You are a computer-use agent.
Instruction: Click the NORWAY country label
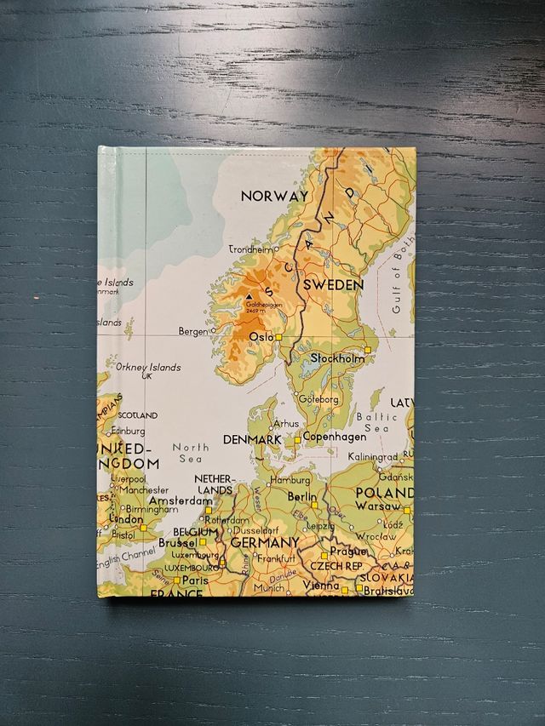pos(274,196)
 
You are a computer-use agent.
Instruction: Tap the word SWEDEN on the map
pos(334,285)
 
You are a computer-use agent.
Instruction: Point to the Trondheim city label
pos(252,249)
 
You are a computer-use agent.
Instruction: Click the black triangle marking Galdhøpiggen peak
pos(249,297)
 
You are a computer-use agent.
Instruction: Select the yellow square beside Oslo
pos(278,337)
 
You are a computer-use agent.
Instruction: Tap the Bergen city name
pos(193,331)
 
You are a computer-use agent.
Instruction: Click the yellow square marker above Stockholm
pos(368,349)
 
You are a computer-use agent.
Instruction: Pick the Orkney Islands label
pos(148,368)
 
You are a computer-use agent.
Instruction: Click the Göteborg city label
pos(319,398)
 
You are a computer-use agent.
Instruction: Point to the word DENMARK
pos(251,439)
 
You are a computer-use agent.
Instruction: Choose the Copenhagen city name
pos(334,437)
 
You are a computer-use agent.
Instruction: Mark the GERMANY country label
pos(265,542)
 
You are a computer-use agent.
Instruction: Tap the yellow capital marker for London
pos(143,528)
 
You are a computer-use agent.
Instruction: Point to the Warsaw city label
pos(377,506)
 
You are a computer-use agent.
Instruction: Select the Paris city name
pos(195,580)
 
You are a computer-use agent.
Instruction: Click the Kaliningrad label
pos(373,458)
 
